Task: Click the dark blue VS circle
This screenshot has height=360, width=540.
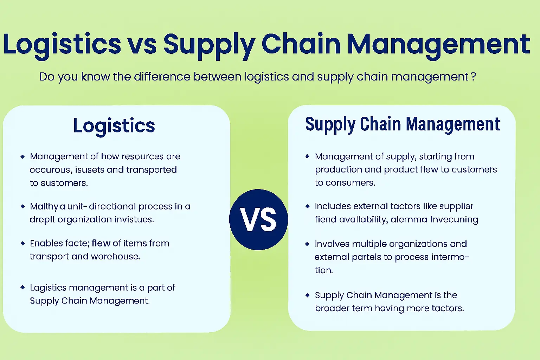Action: tap(258, 220)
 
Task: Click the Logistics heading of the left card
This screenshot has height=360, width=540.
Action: tap(114, 126)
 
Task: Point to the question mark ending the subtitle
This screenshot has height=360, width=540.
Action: tap(473, 76)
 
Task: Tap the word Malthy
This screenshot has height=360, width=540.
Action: tap(44, 206)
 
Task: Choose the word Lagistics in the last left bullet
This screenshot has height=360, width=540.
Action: tap(48, 288)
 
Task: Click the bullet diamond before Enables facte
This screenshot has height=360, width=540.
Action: tap(23, 243)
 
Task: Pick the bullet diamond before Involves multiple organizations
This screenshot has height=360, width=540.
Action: tap(307, 244)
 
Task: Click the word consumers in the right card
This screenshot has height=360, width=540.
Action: tap(350, 183)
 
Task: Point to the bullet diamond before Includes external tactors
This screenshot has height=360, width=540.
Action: tap(307, 206)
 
